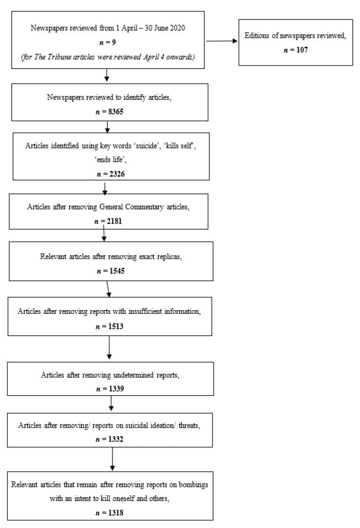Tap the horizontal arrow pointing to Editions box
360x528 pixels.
[x=222, y=42]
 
